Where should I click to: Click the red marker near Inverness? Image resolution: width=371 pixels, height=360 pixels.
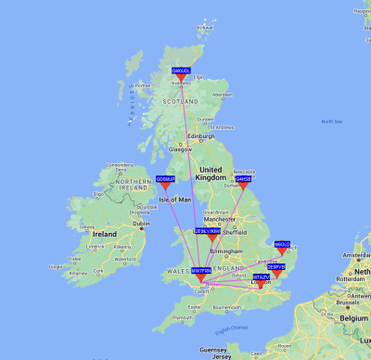tap(181, 78)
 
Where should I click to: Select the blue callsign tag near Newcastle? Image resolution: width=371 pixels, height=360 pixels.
tap(244, 178)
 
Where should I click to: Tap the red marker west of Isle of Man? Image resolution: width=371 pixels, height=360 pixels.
tap(166, 186)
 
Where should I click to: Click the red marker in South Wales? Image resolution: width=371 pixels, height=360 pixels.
tap(200, 277)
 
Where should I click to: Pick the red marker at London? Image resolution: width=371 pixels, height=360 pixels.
tap(261, 284)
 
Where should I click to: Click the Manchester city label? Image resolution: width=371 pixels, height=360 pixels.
tap(223, 219)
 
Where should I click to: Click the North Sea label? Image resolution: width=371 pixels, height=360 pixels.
tap(331, 122)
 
